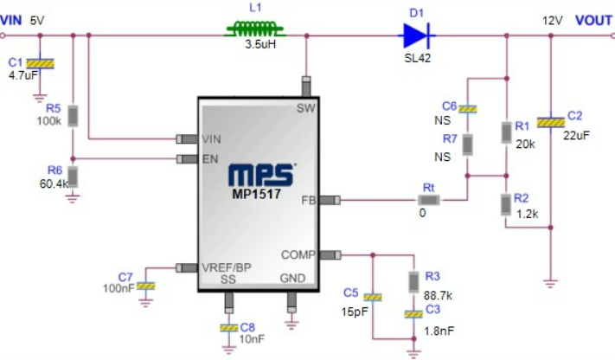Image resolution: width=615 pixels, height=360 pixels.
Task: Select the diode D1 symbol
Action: tap(416, 35)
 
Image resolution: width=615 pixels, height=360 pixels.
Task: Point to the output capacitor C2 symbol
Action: tap(550, 123)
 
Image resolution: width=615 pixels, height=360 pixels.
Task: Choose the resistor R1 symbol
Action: tap(504, 132)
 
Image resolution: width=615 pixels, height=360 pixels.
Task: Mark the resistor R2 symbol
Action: tap(504, 204)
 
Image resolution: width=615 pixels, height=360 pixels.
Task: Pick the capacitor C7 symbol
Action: tap(147, 285)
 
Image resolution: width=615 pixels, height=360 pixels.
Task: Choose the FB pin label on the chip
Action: tap(308, 201)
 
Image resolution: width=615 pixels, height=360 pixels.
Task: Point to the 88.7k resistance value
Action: tap(439, 295)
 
